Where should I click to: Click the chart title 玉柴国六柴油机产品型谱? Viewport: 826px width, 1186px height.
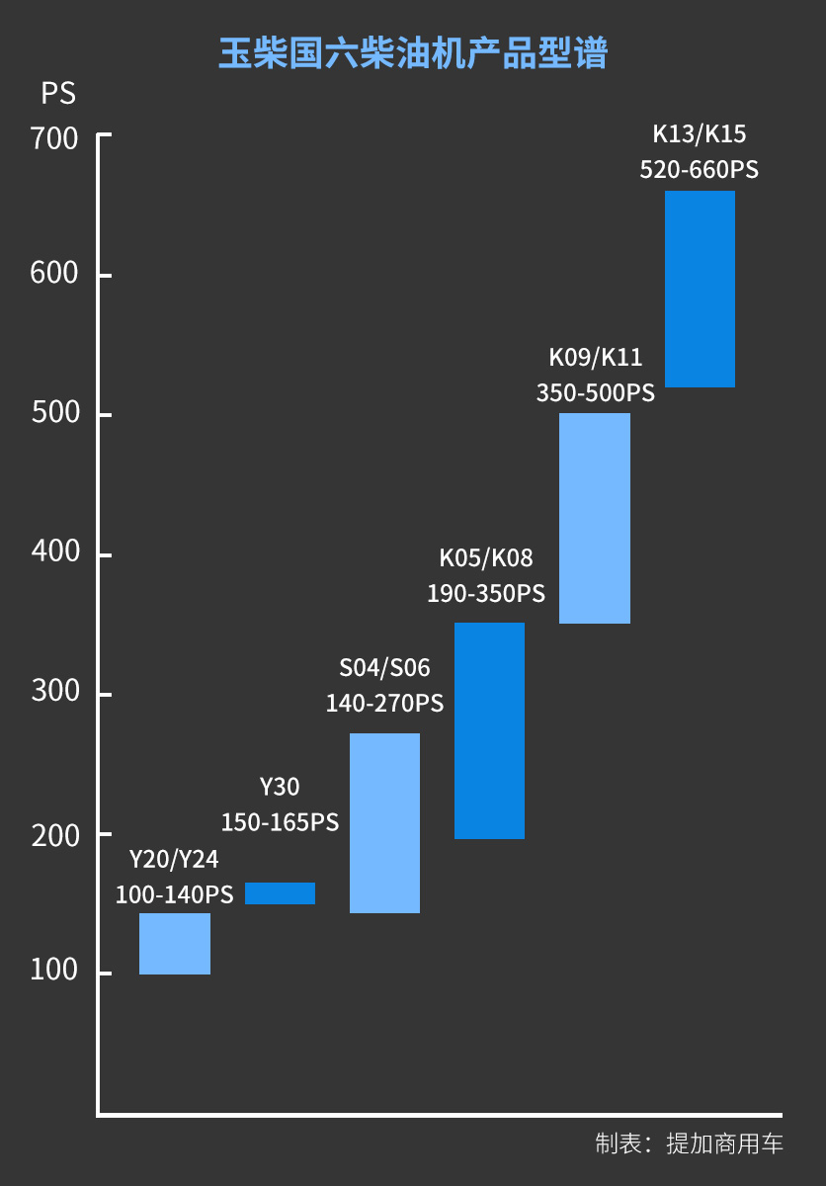(412, 54)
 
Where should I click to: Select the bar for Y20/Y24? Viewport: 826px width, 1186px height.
(175, 944)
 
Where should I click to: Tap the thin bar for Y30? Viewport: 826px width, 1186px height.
(280, 893)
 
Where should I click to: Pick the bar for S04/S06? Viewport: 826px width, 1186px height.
(384, 822)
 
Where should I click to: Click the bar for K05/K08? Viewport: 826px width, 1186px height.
(489, 730)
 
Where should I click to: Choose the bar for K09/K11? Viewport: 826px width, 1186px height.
(595, 518)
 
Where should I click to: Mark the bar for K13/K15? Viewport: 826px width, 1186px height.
(700, 289)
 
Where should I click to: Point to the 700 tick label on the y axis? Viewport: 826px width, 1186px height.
(54, 138)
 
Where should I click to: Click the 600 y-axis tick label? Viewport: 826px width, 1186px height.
(54, 274)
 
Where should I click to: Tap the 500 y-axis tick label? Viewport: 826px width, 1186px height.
(54, 413)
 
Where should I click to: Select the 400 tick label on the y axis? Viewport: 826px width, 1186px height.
(54, 551)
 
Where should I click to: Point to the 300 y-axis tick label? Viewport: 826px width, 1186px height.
(54, 691)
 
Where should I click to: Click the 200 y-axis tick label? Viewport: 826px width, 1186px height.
(54, 835)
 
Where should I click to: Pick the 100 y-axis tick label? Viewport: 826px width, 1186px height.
(54, 971)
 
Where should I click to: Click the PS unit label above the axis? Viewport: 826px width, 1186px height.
(58, 94)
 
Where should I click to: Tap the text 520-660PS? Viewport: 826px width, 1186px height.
(699, 170)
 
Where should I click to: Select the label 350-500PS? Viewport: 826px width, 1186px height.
(595, 393)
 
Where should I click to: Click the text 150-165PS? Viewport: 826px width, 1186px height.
(280, 822)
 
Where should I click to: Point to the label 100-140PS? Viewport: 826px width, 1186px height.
(174, 895)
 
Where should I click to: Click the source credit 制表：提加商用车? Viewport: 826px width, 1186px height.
(689, 1144)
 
